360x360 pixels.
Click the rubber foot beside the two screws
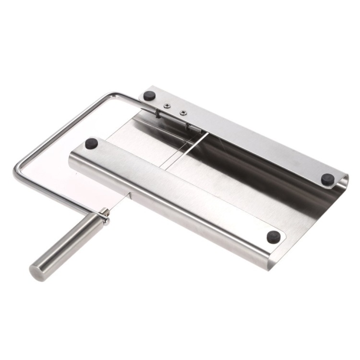tap(150, 96)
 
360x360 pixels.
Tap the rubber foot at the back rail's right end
tap(328, 179)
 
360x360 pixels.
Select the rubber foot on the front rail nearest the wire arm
tap(92, 143)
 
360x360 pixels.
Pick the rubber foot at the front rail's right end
tap(274, 237)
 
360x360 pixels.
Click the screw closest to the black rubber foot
tap(167, 106)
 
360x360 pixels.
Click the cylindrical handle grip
tap(66, 245)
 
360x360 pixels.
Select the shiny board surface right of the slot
tap(250, 168)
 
